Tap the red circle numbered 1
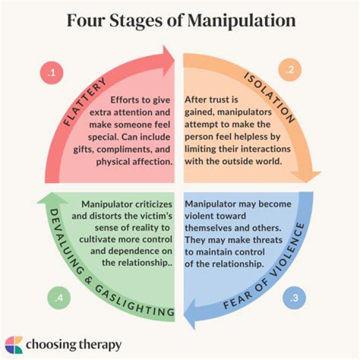tap(51, 73)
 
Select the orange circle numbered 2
tap(288, 71)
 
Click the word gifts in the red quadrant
tap(99, 149)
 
